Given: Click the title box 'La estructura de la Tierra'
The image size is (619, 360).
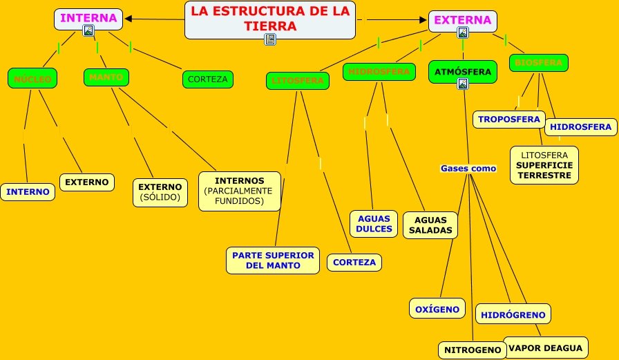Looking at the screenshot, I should point(270,18).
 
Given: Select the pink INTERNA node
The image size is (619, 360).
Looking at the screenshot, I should point(88,18).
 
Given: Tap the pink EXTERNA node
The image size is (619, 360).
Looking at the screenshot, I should point(463,20).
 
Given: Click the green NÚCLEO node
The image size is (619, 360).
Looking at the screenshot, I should point(32,79).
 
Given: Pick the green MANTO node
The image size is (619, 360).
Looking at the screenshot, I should point(106,77).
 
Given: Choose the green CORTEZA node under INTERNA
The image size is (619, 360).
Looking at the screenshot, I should point(207,79).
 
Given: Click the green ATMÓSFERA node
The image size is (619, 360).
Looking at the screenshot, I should point(463,71).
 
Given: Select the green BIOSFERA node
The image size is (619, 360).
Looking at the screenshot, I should point(539,63).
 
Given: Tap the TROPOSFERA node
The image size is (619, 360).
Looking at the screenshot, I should point(509,119).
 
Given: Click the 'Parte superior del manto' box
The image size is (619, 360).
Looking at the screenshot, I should point(273,260).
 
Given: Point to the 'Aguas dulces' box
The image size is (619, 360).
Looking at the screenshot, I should point(374,224).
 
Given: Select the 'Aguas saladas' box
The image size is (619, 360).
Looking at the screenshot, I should point(430,225).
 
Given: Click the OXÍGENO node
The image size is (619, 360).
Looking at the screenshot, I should point(438,308).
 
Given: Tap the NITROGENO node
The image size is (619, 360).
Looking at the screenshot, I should point(473,350).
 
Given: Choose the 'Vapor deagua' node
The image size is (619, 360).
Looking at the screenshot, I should point(546,348).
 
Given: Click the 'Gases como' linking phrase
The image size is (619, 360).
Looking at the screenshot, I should point(468,168).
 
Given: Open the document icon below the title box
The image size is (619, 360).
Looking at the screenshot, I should point(270,39).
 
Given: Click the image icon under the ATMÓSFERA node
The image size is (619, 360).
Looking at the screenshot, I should point(463,84).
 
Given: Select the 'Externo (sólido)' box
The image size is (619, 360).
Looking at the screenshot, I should point(160,193).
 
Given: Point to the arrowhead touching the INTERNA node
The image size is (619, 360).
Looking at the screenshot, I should point(128,19).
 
